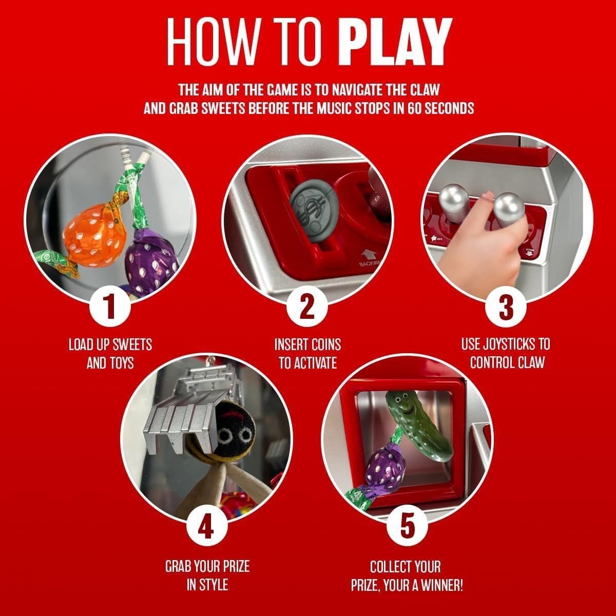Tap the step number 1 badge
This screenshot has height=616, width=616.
110,306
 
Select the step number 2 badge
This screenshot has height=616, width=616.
307,306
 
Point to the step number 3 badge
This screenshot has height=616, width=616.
506,306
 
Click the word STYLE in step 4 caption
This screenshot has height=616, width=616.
214,585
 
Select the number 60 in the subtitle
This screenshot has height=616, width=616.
415,109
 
